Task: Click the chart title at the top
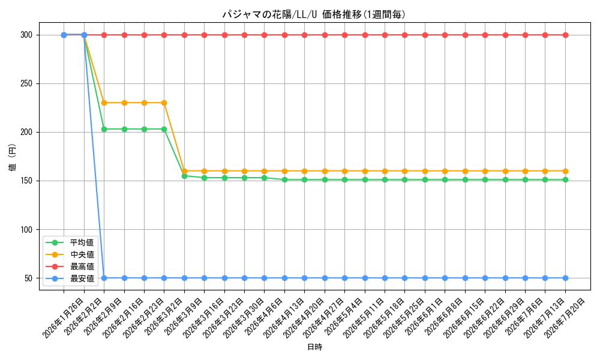click(x=314, y=14)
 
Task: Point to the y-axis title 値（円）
click(x=13, y=157)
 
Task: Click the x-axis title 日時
click(x=314, y=347)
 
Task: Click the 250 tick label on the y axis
click(x=26, y=84)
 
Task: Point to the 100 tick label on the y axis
click(x=26, y=230)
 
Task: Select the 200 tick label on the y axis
click(x=26, y=133)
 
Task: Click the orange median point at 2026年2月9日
click(x=104, y=103)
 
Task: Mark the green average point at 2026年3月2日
click(x=164, y=130)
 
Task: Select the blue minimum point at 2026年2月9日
click(x=104, y=278)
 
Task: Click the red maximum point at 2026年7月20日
click(x=565, y=35)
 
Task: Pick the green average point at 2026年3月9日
click(x=184, y=176)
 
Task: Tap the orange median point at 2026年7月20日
click(x=565, y=171)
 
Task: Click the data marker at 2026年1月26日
click(x=64, y=35)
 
